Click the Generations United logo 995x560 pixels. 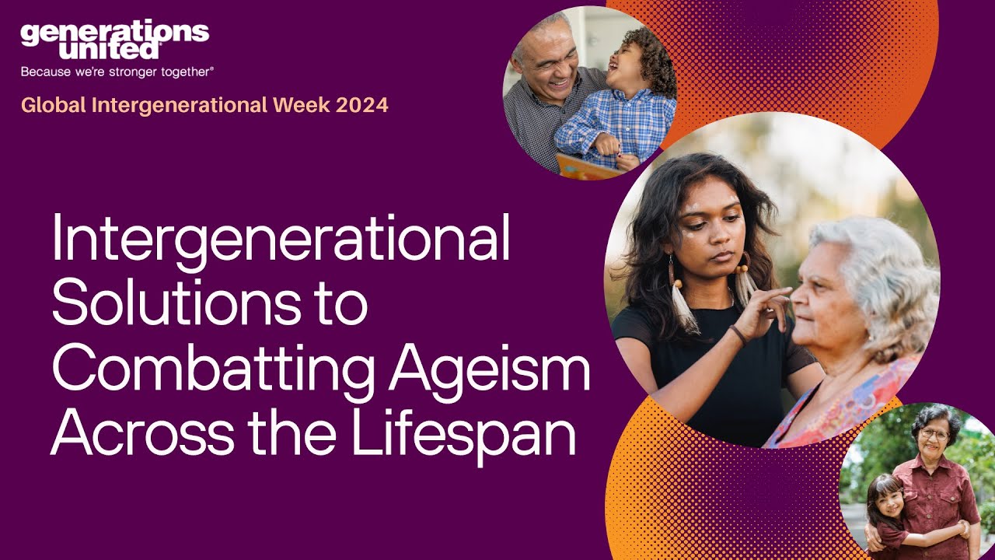[114, 40]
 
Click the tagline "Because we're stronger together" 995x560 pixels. [117, 72]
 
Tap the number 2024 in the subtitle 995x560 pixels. [362, 105]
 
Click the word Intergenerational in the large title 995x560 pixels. [281, 241]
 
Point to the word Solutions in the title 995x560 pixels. [173, 304]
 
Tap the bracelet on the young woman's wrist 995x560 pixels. [738, 334]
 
